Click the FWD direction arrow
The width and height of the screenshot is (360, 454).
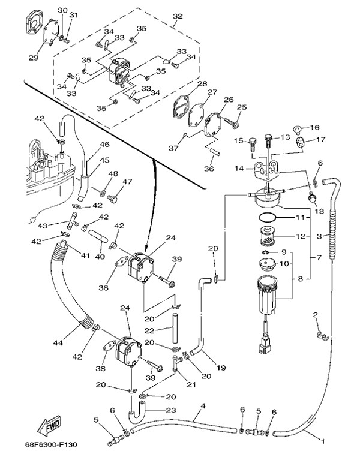click(49, 426)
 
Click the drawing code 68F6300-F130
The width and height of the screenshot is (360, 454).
click(50, 444)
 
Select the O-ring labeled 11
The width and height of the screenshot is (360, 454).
click(268, 217)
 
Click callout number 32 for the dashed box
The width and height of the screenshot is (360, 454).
click(178, 16)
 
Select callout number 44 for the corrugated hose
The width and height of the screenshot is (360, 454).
click(58, 343)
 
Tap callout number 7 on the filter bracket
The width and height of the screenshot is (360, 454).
click(319, 257)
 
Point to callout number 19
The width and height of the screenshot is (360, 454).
click(221, 368)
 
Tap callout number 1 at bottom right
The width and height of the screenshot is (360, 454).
click(323, 441)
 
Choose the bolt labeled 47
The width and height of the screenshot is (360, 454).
click(112, 199)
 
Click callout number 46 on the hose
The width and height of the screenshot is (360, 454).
click(105, 144)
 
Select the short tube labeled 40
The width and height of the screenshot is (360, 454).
click(98, 236)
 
